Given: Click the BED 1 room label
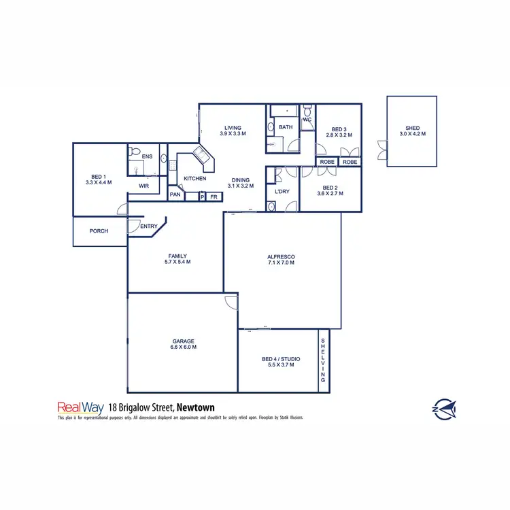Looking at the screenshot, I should [99, 179].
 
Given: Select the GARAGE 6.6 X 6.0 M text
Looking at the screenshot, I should [183, 344].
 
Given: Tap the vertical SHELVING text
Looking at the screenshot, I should [324, 360].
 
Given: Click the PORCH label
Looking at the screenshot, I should [99, 231].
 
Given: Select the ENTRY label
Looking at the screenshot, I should [149, 226].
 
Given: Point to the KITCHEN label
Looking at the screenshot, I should [194, 179].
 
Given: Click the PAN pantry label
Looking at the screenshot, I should [175, 196].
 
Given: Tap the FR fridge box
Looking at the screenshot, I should [214, 197].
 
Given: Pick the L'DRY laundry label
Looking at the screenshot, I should [282, 192].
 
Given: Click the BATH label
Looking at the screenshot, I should [285, 127].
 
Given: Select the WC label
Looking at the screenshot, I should [307, 120].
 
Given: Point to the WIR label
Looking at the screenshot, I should [143, 186].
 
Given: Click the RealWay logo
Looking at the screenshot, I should [80, 408].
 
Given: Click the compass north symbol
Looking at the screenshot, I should [445, 408].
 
